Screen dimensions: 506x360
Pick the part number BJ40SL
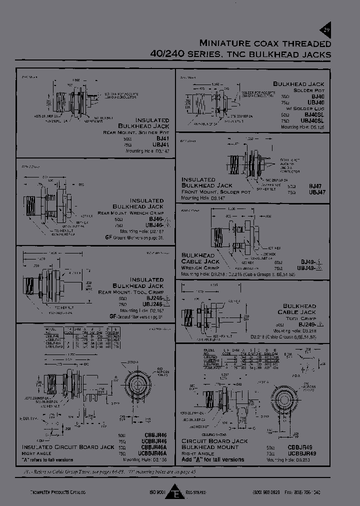[x=313, y=114]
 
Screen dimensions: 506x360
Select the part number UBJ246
[x=155, y=304]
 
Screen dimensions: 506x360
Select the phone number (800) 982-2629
[x=268, y=492]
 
